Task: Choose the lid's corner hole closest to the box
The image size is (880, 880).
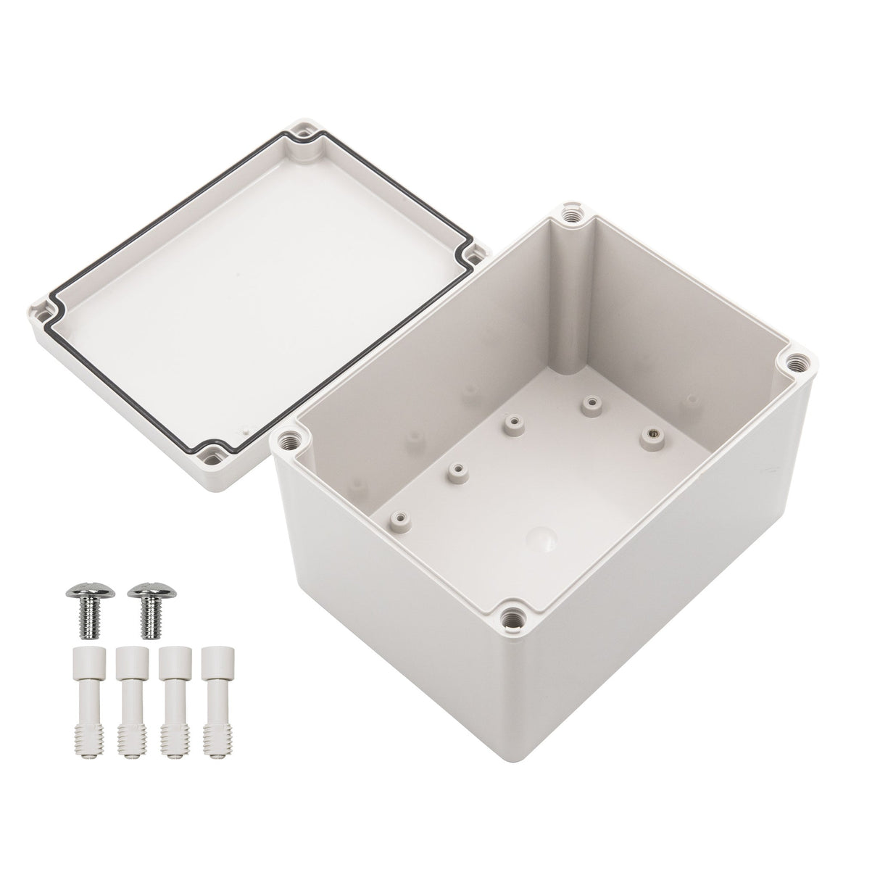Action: click(475, 253)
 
